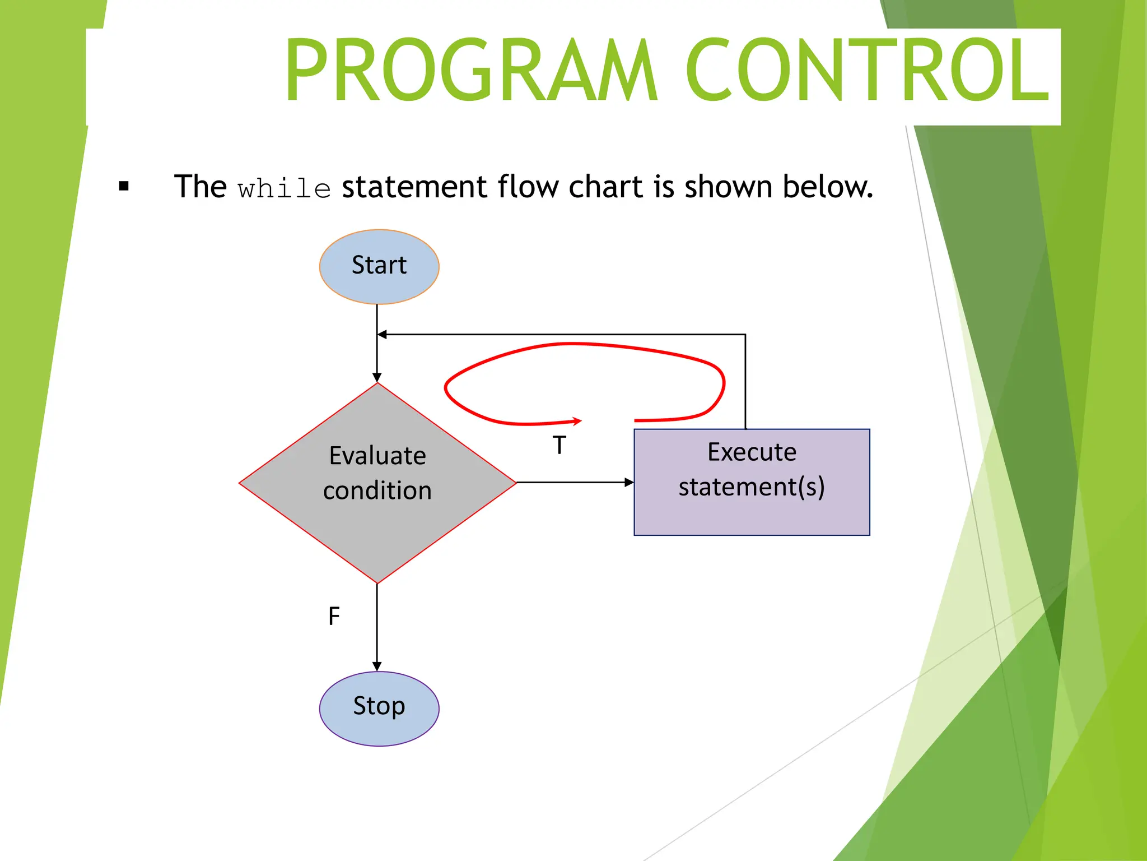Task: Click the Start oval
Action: pos(379,266)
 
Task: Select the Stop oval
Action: pos(379,708)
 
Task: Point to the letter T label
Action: pos(559,445)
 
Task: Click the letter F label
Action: pos(334,616)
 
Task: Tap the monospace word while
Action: pos(284,188)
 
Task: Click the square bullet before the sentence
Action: pos(124,186)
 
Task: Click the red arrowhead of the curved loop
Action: pos(577,421)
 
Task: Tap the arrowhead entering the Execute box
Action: pos(629,482)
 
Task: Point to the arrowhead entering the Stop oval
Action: pos(377,666)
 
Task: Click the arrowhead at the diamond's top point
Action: pos(377,378)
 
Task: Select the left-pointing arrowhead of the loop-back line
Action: pos(383,335)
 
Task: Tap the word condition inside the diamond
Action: pos(377,490)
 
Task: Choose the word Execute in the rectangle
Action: pos(752,452)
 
